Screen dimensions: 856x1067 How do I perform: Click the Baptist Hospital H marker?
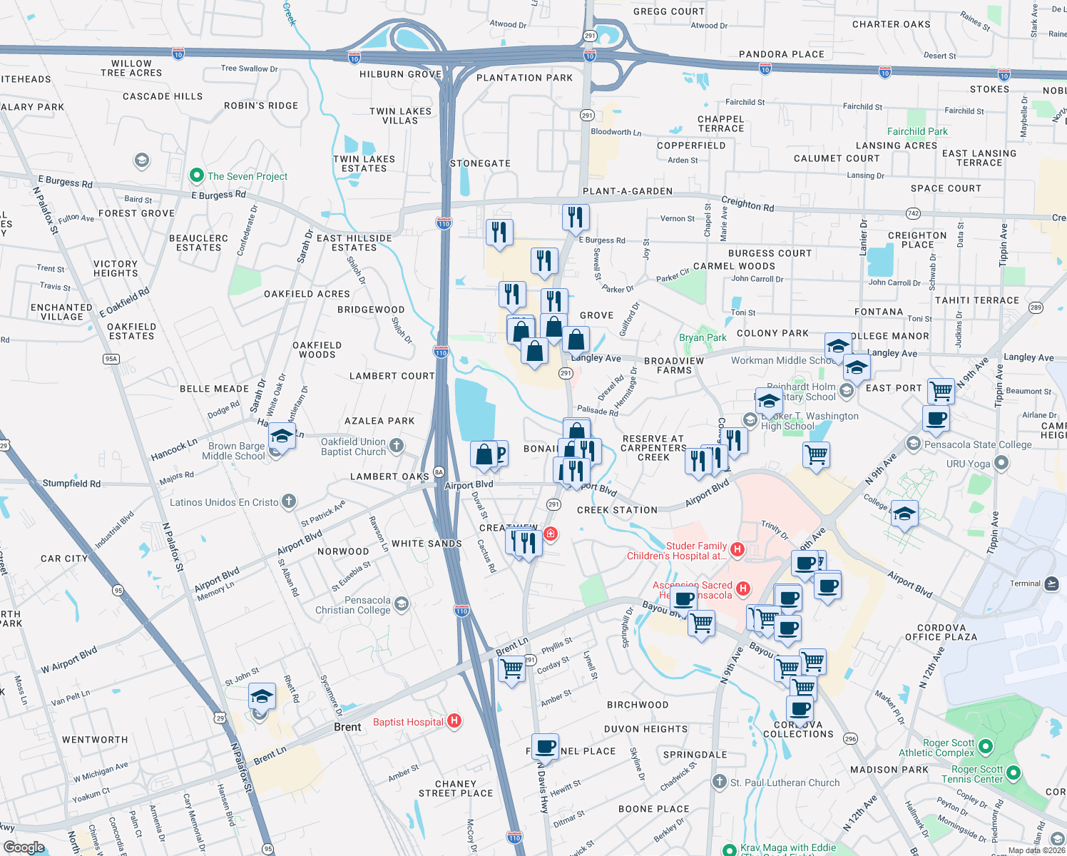point(454,721)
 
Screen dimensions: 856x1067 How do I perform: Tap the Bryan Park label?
point(703,337)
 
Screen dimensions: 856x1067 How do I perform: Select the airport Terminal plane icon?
point(1051,584)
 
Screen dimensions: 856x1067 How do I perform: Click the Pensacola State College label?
point(978,444)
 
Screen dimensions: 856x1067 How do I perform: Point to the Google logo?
point(24,847)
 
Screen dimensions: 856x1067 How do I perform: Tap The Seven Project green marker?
point(196,175)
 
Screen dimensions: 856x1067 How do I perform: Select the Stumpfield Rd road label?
point(71,483)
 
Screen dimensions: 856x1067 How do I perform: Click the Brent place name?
point(347,727)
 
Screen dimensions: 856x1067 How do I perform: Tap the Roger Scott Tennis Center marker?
point(1013,773)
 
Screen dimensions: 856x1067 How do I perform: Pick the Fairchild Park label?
point(917,131)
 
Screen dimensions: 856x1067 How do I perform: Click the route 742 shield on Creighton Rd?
point(912,213)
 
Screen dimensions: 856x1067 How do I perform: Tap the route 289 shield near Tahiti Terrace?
point(1036,307)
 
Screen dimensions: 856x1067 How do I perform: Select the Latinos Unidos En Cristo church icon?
point(289,501)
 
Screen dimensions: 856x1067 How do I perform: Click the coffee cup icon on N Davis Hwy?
point(546,747)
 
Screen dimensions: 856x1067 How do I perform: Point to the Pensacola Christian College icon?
point(402,605)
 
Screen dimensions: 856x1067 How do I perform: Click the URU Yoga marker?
point(1001,464)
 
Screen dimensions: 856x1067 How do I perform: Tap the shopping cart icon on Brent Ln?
point(511,669)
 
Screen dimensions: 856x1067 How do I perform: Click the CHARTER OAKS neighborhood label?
point(891,24)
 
